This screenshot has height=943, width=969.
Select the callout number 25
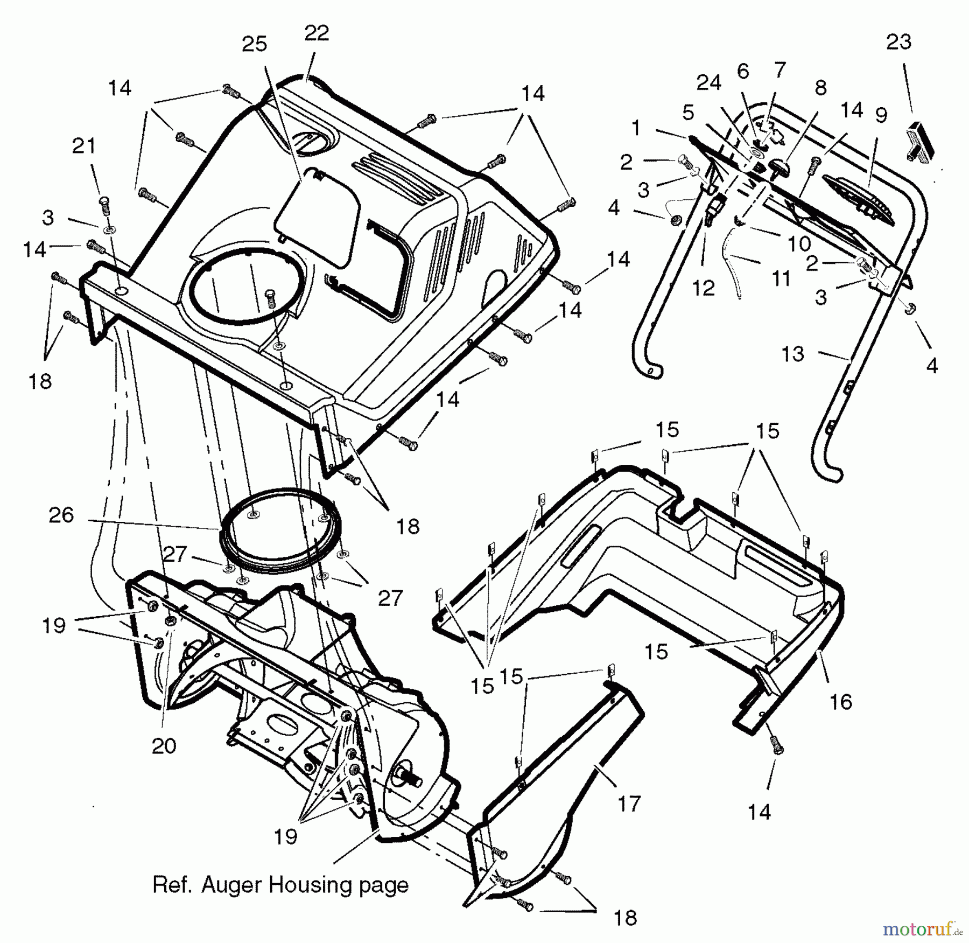coord(254,44)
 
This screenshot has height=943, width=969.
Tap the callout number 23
coord(898,42)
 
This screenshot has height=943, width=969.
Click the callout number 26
coord(61,515)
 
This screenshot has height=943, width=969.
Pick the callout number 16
coord(841,702)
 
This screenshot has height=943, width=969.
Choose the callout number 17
coord(629,804)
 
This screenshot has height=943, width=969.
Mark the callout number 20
coord(164,745)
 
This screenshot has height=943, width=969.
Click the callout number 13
coord(792,354)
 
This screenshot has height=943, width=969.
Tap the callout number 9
coord(881,115)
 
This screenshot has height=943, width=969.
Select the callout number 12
coord(703,288)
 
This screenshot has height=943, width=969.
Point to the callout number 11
coord(781,279)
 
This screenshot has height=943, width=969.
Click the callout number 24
coord(708,83)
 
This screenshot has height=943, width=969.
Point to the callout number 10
coord(799,244)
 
